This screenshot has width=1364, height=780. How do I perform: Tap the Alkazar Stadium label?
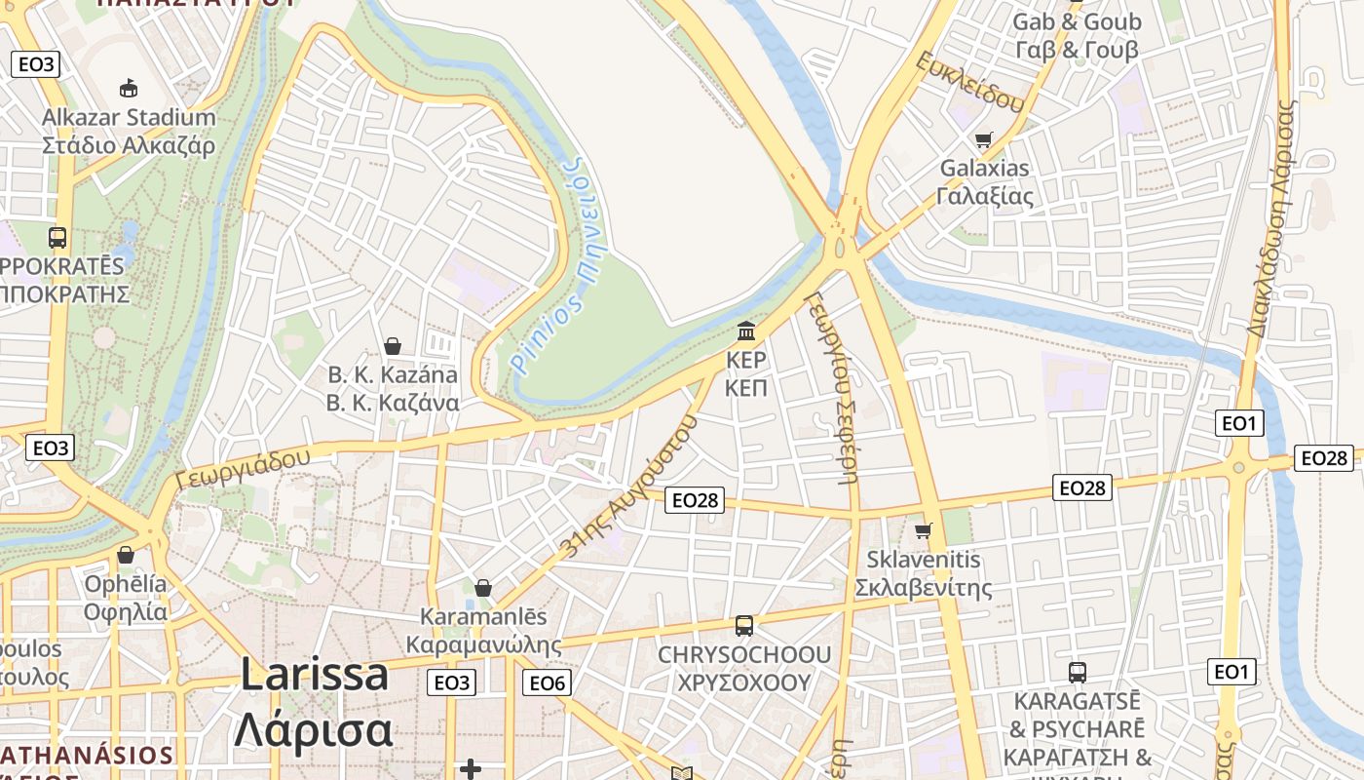click(129, 132)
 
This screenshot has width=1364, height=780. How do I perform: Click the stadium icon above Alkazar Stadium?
click(128, 89)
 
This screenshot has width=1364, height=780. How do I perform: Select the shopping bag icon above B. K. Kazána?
click(393, 346)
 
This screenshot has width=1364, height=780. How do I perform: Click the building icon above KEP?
click(746, 331)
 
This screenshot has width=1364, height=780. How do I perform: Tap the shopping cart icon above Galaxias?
click(983, 139)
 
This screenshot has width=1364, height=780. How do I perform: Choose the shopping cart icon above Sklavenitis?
click(923, 531)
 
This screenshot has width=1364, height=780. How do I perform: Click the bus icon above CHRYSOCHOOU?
click(744, 625)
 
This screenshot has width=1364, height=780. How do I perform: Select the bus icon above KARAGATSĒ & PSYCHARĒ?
click(1078, 672)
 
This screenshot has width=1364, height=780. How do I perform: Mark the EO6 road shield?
click(547, 682)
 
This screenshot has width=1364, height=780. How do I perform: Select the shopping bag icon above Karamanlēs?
click(482, 588)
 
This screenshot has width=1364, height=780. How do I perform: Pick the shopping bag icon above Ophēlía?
click(126, 555)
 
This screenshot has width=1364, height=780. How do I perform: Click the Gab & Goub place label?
click(1077, 35)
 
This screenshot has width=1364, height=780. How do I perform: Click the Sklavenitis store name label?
click(923, 574)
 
